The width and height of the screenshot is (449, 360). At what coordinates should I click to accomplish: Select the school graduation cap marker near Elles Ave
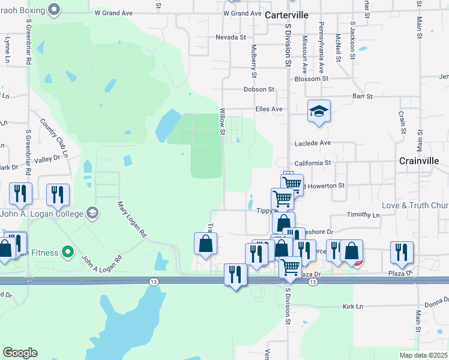(319, 111)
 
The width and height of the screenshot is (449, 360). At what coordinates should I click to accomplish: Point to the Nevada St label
(231, 37)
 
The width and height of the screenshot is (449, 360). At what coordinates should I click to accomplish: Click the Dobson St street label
(259, 89)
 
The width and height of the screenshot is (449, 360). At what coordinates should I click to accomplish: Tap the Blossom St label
(312, 79)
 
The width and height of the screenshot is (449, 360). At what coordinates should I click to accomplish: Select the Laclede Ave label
(312, 143)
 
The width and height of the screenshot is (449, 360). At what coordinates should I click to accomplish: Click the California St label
(313, 163)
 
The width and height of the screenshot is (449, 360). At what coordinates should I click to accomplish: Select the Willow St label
(222, 121)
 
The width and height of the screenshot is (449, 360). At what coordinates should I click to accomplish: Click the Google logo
(20, 353)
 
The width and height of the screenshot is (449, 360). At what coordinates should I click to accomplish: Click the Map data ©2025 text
(424, 355)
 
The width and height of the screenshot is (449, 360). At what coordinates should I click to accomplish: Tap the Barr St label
(363, 96)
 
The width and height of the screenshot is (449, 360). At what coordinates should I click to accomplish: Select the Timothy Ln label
(364, 215)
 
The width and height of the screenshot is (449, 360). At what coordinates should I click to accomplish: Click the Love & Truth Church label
(415, 205)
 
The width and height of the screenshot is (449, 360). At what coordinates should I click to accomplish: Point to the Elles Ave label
(268, 109)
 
